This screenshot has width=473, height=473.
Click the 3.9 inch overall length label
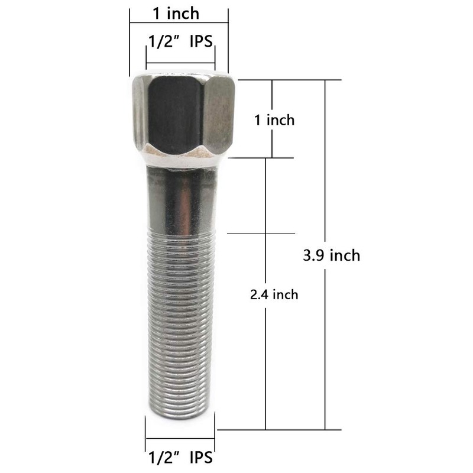tap(331, 255)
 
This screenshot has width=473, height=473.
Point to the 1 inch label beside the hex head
tap(274, 120)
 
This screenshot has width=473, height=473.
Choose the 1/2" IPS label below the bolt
tap(180, 457)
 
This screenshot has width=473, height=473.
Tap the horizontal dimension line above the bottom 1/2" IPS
tap(180, 438)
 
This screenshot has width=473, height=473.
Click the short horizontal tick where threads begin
tap(260, 233)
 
